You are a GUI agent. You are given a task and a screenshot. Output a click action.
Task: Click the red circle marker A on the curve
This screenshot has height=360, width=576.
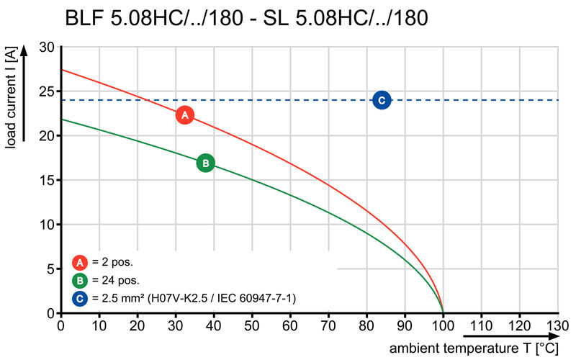(185, 115)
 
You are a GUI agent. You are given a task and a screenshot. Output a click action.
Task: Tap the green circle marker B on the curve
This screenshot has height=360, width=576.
(205, 163)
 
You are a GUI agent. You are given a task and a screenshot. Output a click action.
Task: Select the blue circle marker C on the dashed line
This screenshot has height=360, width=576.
(382, 100)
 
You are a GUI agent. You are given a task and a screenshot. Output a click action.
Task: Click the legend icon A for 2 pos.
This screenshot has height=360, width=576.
(79, 263)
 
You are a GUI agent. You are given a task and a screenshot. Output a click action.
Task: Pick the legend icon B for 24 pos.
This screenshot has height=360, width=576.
(79, 280)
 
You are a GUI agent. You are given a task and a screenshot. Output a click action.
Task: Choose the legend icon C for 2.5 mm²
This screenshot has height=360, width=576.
(79, 297)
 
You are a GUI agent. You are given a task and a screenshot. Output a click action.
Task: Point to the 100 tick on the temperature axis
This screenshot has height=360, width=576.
(443, 325)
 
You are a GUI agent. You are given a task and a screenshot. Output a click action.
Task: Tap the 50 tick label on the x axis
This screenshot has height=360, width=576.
(252, 325)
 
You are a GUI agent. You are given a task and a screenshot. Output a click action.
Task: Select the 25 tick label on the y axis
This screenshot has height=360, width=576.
(47, 91)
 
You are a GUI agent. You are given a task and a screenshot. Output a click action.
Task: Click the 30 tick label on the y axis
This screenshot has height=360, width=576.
(47, 47)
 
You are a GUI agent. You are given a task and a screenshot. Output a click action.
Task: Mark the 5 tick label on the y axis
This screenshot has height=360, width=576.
(50, 269)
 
